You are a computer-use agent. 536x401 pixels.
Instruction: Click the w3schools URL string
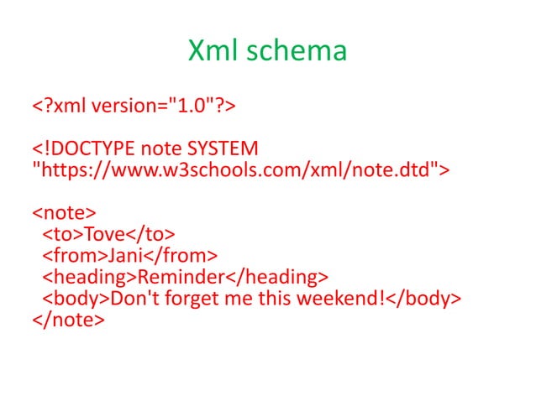240,171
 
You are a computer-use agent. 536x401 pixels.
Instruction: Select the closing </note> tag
69,319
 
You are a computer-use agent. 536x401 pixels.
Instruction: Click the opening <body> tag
76,298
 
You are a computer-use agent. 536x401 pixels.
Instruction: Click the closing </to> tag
152,234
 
